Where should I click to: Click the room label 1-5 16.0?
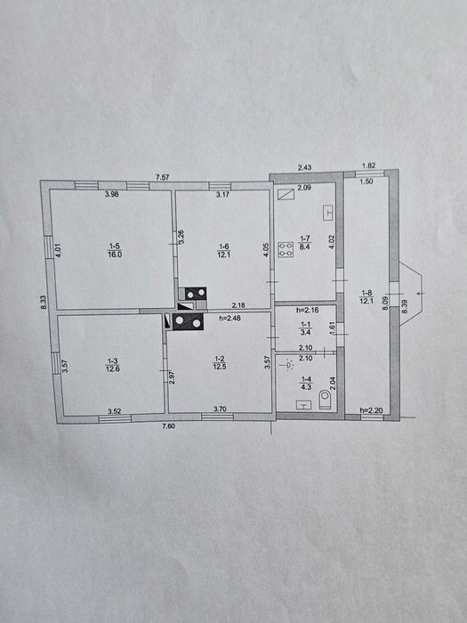click(115, 250)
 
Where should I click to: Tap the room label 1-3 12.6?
click(113, 365)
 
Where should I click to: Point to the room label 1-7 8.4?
click(304, 242)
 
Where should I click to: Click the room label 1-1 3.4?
click(305, 328)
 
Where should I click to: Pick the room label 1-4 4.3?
click(305, 383)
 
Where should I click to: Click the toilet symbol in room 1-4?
click(325, 400)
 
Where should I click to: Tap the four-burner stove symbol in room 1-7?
click(286, 249)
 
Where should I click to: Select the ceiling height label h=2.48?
click(229, 318)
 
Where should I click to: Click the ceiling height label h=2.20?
click(371, 410)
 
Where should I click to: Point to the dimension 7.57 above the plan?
click(163, 177)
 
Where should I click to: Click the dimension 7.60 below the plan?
click(169, 426)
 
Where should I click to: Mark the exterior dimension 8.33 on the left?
click(44, 302)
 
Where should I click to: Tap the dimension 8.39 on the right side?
click(404, 306)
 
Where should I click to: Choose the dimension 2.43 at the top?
click(304, 167)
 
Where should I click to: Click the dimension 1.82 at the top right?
click(369, 166)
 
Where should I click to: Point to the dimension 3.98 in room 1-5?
click(111, 194)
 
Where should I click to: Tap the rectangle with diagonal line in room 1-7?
click(286, 194)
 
